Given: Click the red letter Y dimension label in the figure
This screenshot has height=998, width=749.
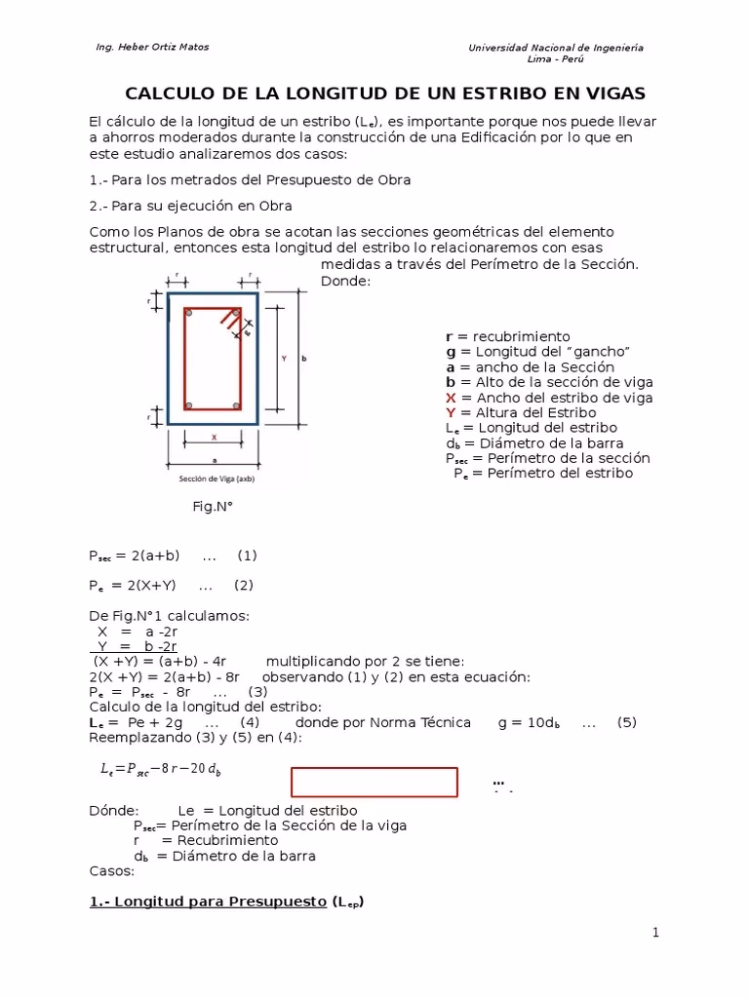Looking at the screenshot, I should click(x=284, y=359).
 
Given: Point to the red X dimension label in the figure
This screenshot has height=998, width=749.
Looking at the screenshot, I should click(x=214, y=438).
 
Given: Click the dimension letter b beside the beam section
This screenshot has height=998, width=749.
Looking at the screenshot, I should click(x=304, y=359).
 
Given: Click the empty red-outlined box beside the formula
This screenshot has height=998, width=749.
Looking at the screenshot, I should click(x=374, y=782).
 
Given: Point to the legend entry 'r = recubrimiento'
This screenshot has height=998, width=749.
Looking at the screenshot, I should click(x=507, y=336).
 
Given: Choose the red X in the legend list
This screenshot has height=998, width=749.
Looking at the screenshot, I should click(x=451, y=398).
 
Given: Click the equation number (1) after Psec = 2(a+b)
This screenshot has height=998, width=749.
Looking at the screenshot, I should click(x=247, y=556).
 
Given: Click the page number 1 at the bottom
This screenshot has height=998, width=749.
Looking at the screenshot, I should click(x=656, y=933).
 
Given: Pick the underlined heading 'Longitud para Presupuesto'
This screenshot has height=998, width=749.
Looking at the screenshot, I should click(x=219, y=902).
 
